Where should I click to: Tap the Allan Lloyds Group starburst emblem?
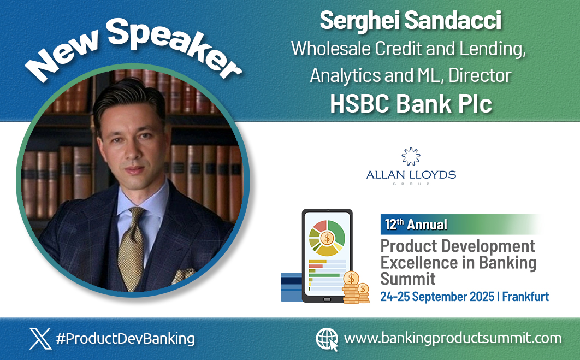pyautogui.click(x=411, y=157)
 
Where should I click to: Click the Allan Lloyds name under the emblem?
pyautogui.click(x=411, y=175)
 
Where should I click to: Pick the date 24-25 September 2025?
pyautogui.click(x=436, y=297)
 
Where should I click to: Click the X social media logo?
pyautogui.click(x=40, y=338)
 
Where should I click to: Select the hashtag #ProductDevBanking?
pyautogui.click(x=125, y=338)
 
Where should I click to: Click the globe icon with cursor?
pyautogui.click(x=327, y=339)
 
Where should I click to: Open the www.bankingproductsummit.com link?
pyautogui.click(x=453, y=338)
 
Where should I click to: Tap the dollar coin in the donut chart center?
pyautogui.click(x=327, y=238)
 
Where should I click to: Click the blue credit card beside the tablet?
pyautogui.click(x=291, y=287)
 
